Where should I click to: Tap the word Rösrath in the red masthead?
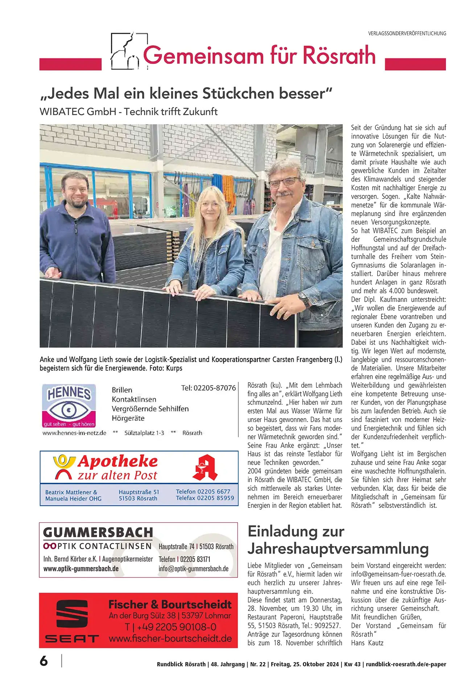339,56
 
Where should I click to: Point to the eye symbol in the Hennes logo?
69,410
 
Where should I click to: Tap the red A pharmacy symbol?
204,468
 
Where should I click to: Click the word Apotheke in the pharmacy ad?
118,461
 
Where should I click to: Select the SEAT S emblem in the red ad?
72,614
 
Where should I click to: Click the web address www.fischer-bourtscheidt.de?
170,639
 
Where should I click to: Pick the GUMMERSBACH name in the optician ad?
98,533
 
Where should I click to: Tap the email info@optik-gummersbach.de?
193,569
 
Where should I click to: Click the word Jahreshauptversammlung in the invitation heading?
338,549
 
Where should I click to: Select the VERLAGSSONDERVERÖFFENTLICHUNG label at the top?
407,33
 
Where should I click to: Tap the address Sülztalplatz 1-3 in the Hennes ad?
144,433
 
